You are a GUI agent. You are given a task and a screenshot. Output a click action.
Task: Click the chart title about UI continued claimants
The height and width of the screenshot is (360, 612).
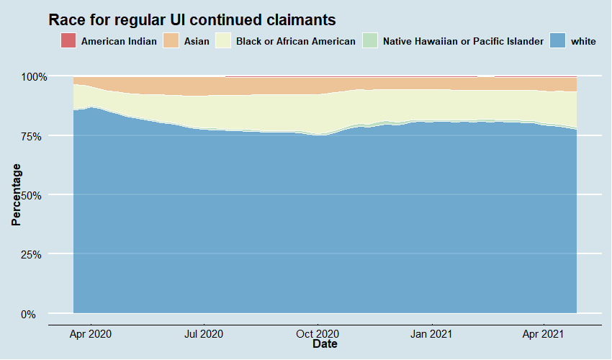point(192,19)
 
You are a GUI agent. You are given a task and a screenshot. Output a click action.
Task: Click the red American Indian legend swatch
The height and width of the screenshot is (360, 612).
point(69,41)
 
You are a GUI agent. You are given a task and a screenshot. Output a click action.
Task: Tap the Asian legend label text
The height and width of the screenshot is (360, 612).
point(197,42)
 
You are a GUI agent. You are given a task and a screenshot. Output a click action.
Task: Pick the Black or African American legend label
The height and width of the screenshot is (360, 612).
point(295,42)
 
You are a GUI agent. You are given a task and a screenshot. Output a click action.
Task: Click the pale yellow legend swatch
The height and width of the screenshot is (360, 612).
point(224,41)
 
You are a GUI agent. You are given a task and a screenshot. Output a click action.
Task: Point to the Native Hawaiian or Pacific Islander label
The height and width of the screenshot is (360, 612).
point(463,42)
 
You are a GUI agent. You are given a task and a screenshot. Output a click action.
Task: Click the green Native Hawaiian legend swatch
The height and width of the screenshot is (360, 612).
point(370,41)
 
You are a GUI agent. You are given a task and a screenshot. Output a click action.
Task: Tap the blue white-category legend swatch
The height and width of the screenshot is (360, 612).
point(558,41)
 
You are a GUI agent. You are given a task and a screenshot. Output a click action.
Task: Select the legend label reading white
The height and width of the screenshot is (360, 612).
point(583,42)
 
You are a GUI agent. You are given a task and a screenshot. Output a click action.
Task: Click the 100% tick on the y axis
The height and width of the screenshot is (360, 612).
point(32,76)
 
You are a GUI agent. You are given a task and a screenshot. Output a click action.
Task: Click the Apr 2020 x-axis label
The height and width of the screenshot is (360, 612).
point(91,334)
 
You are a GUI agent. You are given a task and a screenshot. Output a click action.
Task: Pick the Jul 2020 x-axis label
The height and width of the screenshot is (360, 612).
point(204,334)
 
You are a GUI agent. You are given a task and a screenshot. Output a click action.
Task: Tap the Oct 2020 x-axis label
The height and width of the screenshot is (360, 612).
point(318,334)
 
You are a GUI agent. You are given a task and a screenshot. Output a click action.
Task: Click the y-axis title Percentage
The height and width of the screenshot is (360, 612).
point(16,194)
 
